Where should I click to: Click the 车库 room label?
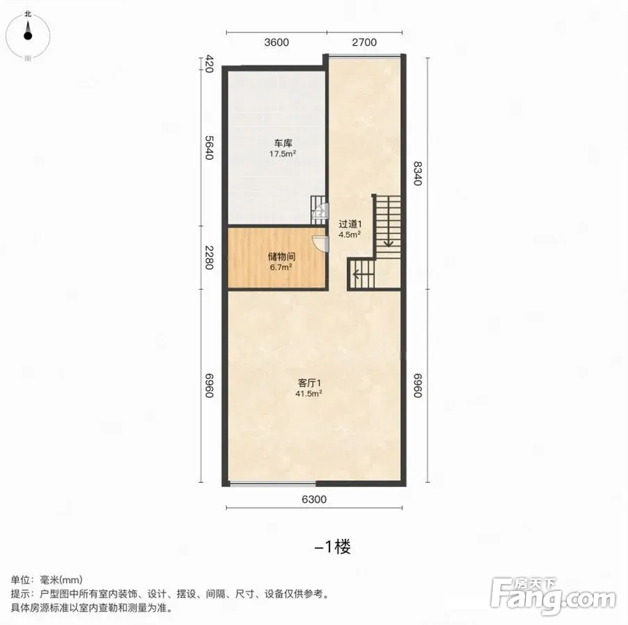coord(283,143)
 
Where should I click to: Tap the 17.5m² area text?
coord(282,153)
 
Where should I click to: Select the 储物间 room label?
coord(281,256)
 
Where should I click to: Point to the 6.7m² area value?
coord(281,267)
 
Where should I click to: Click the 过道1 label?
coord(350,224)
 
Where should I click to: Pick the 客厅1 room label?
coord(309,383)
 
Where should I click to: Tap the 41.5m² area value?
coord(309,394)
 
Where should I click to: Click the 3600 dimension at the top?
coord(276,42)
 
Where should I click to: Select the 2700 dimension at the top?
coord(364,42)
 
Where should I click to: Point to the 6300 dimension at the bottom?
coord(314,499)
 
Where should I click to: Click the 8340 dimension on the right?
coord(418,173)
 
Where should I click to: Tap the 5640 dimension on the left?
coord(209,147)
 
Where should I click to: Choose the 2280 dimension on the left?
coord(209,258)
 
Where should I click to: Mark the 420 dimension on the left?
coord(209,64)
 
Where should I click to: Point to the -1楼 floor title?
coord(333,547)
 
